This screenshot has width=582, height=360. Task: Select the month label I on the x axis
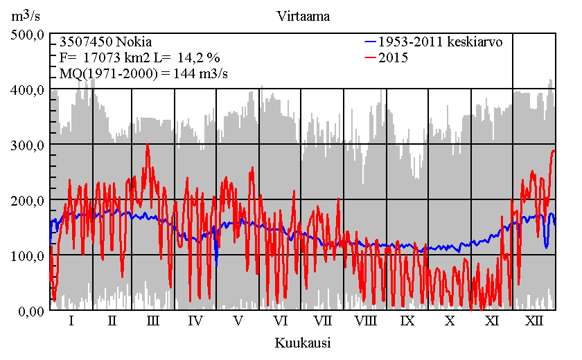coord(71,321)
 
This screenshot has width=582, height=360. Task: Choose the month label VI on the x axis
coord(281,321)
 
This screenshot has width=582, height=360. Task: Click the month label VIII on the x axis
coord(365,321)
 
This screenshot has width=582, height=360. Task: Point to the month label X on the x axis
coord(450,321)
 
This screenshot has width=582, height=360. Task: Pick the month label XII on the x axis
coord(534,321)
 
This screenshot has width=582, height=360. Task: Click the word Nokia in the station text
coord(134,42)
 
